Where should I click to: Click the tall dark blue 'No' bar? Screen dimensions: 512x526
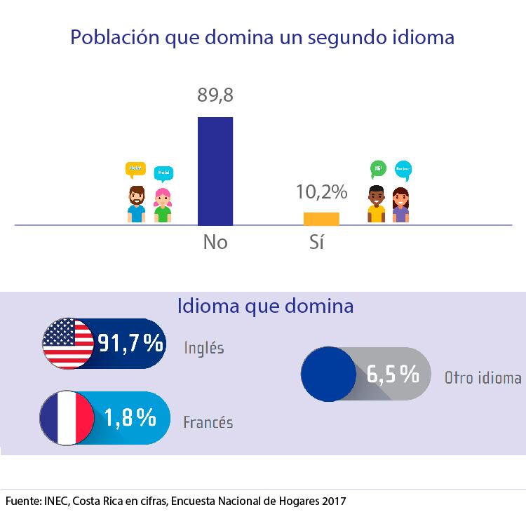215,171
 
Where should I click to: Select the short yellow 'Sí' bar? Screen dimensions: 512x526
321,219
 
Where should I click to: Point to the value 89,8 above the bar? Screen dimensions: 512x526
215,96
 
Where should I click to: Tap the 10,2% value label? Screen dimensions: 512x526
322,191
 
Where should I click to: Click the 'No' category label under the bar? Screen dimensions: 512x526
215,243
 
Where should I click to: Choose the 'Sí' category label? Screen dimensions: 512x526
318,243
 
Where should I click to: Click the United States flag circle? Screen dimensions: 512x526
68,344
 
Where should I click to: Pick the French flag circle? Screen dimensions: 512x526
67,418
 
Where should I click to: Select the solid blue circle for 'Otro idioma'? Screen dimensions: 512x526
328,374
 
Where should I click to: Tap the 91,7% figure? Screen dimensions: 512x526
130,344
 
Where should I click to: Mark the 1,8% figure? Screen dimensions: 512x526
130,418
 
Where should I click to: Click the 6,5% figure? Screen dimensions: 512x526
393,374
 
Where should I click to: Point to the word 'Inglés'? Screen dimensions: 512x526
204,347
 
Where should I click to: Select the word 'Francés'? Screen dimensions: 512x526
208,422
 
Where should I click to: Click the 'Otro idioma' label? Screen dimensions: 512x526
483,377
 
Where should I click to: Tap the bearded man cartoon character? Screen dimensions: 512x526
136,204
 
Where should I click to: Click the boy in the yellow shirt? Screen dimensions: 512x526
377,204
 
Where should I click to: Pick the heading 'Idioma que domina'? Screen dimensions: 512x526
265,306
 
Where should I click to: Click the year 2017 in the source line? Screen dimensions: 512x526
333,501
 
